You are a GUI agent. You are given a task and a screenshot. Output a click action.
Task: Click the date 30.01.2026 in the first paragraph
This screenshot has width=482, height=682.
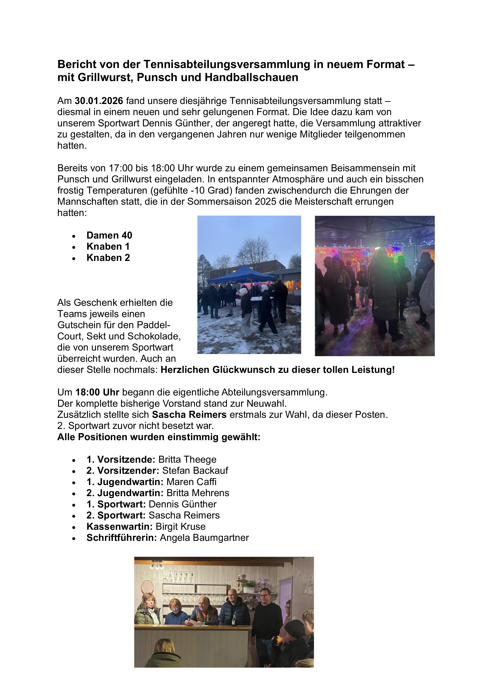tap(99, 101)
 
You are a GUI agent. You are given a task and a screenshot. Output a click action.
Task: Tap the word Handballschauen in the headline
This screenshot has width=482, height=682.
tap(251, 78)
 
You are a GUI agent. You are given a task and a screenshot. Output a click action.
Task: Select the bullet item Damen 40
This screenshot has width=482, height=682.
tap(109, 235)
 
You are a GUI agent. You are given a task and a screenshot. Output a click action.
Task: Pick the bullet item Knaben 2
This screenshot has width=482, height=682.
tap(108, 258)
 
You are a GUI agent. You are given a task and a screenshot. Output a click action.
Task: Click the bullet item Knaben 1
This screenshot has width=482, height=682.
tap(108, 247)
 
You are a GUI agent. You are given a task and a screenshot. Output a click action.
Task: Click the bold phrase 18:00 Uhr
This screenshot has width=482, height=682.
tap(97, 392)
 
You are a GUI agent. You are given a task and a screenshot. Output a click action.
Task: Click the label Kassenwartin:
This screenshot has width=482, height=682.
tap(119, 527)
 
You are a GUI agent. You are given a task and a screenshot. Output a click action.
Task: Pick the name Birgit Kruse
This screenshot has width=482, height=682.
tap(180, 527)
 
